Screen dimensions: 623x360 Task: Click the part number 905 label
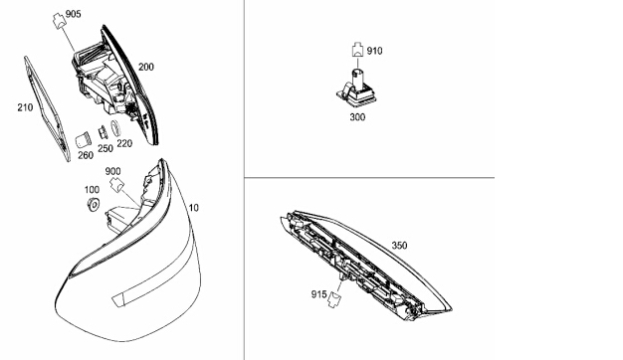click(73, 14)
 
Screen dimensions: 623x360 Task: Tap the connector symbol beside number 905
click(59, 20)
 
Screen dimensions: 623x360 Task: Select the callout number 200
click(146, 67)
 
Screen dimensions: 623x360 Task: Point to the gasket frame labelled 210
click(47, 108)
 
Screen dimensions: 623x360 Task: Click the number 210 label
click(25, 107)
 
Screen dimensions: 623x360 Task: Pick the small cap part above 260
click(83, 140)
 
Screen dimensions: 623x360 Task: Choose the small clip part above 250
click(103, 132)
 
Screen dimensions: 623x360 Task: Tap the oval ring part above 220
click(114, 128)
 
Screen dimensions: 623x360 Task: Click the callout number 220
click(124, 143)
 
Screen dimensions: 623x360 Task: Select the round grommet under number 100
click(93, 205)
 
